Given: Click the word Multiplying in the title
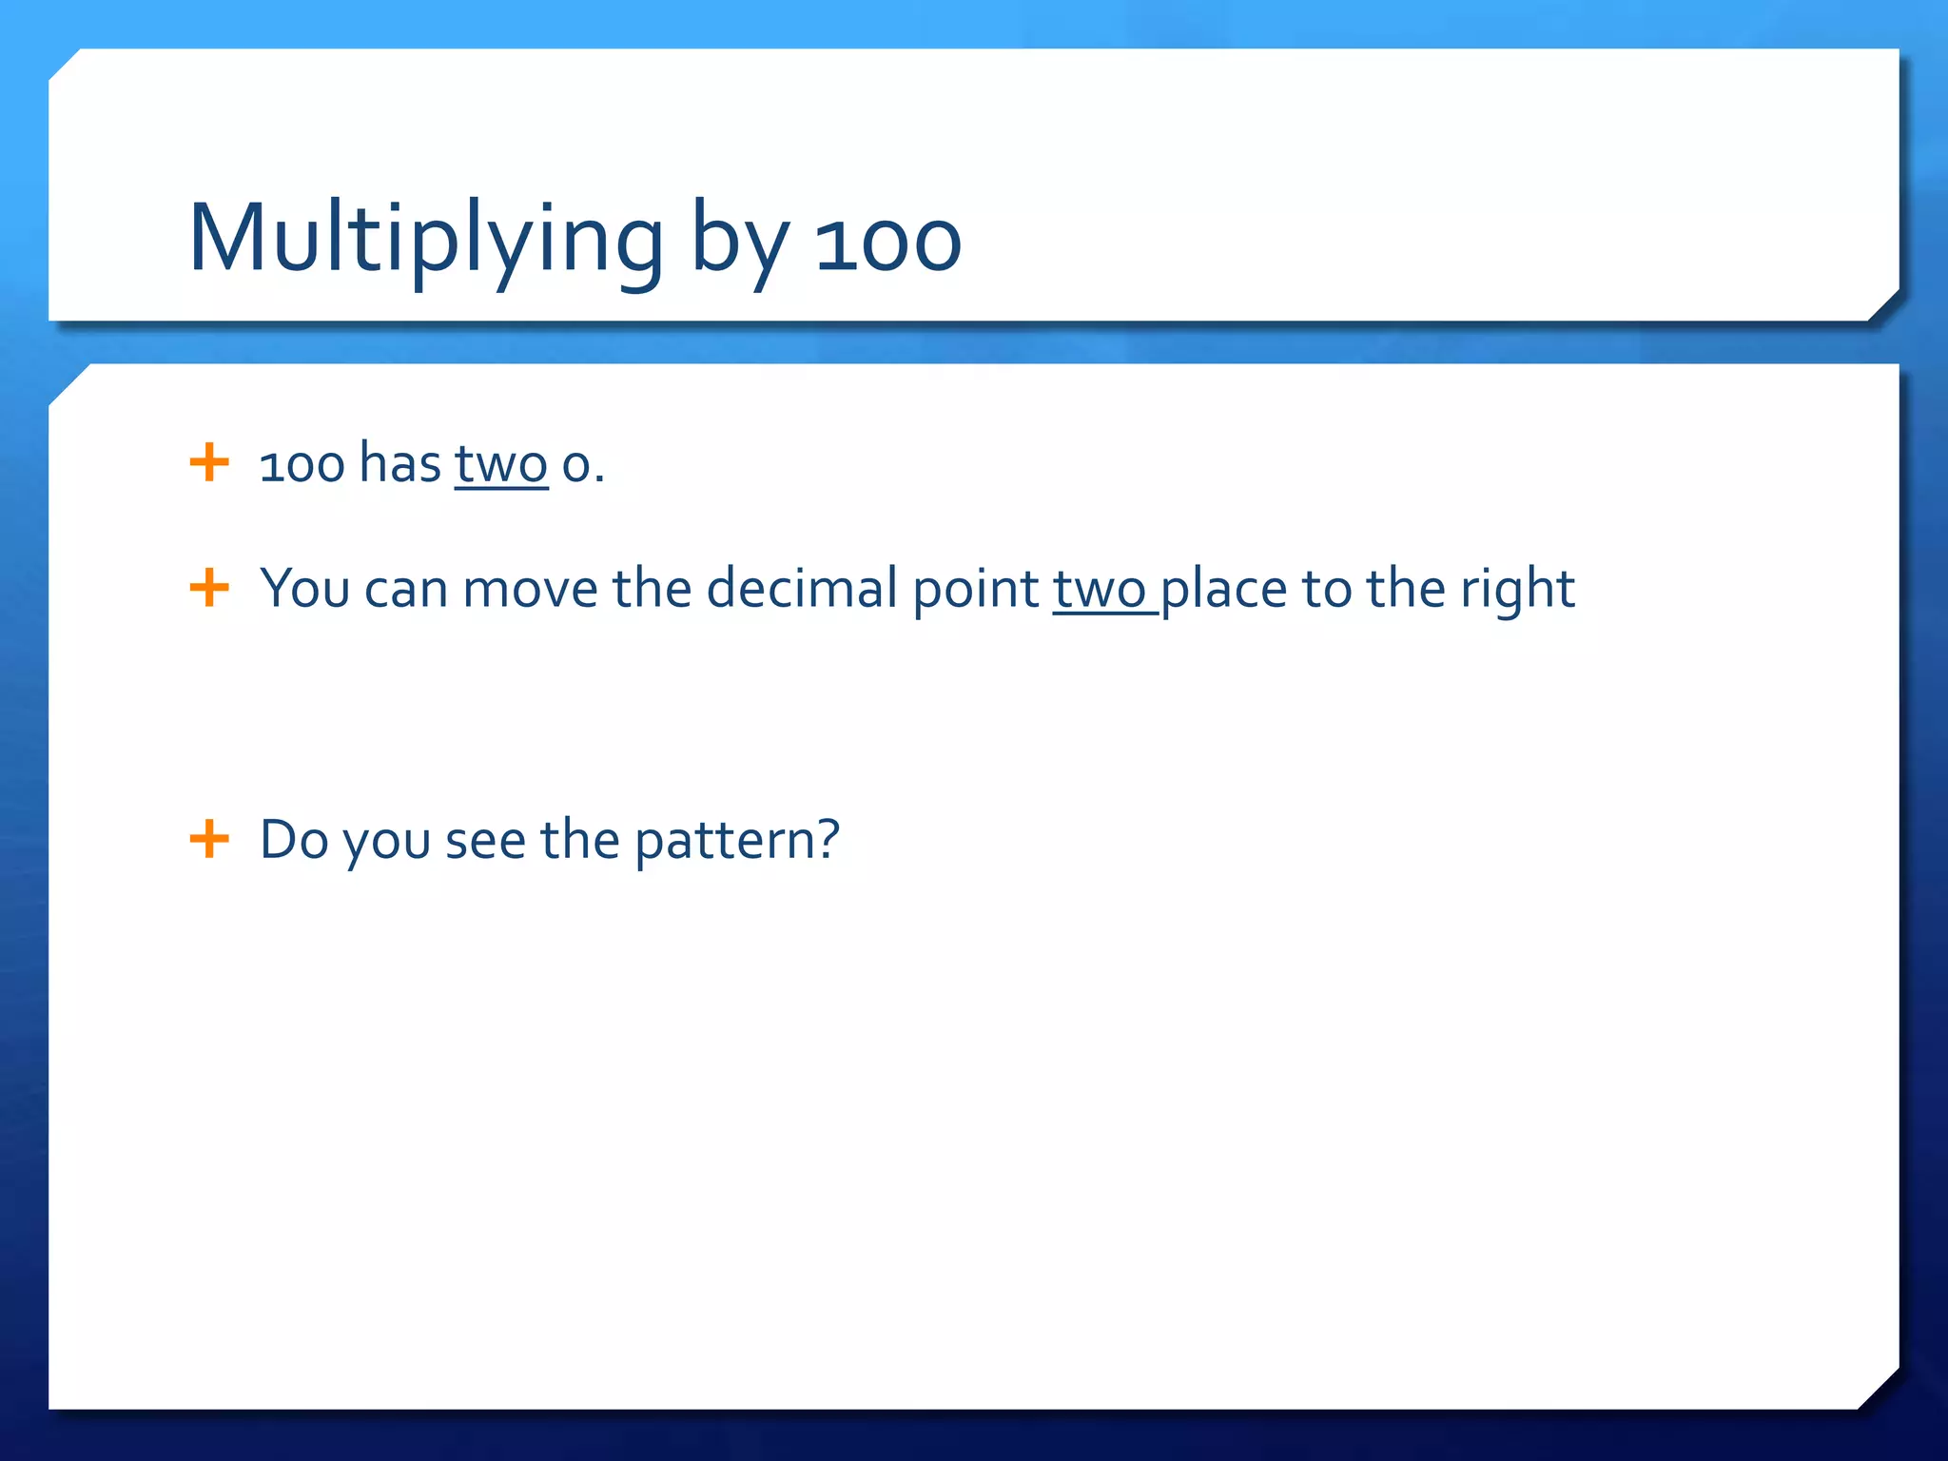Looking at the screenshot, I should point(425,241).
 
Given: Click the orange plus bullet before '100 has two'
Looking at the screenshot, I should point(209,463).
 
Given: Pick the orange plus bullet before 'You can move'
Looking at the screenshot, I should point(209,588).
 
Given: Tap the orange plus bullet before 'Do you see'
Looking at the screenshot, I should point(209,839).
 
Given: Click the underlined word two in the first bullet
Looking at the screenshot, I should point(501,465).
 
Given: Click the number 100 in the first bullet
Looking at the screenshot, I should point(302,465).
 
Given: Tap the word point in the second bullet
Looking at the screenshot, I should point(975,590).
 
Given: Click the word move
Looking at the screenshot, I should point(530,589).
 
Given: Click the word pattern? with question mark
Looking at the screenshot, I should point(737,841).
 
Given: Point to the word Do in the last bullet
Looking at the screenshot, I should point(294,840).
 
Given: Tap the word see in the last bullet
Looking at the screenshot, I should point(484,841).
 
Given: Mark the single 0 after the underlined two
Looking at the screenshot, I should point(575,466).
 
